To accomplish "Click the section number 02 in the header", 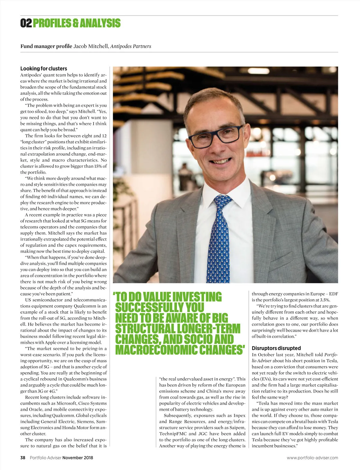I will [x=26, y=23].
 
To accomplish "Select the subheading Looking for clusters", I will [x=44, y=68].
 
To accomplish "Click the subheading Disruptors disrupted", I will [x=276, y=348].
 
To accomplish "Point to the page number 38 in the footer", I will [x=23, y=458].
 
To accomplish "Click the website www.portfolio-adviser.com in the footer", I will [x=312, y=458].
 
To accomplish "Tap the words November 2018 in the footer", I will [x=78, y=458].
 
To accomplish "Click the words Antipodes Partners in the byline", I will [x=130, y=46].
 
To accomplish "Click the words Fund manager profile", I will [x=46, y=46].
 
